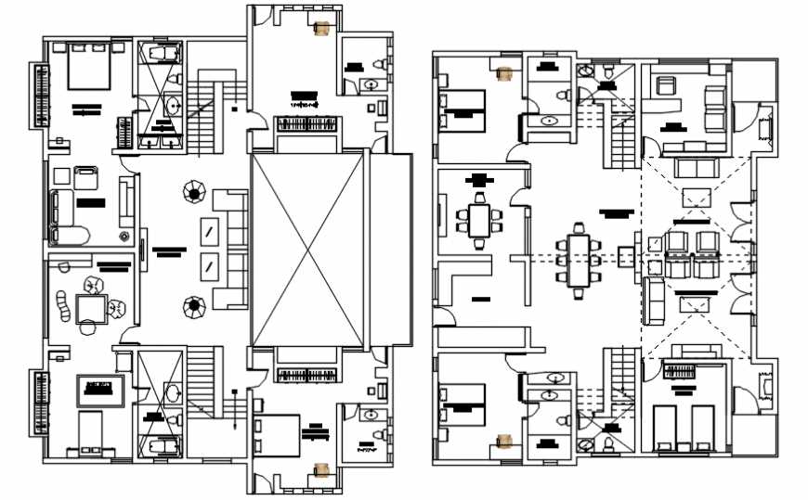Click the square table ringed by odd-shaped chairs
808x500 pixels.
[91, 306]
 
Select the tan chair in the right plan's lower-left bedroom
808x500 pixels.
[505, 444]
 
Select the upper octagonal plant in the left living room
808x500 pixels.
[193, 191]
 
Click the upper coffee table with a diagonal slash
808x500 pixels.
[213, 227]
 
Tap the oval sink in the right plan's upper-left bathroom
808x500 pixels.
[549, 121]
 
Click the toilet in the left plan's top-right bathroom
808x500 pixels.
[378, 63]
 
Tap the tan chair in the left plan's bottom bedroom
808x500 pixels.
[321, 469]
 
